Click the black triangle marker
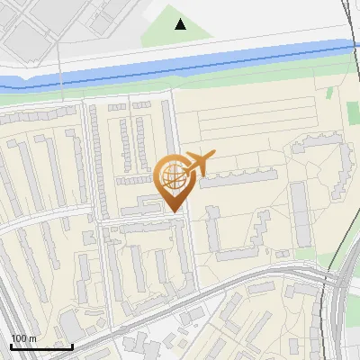click(181, 24)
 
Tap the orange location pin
click(173, 180)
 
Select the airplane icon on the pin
click(199, 162)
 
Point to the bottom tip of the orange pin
click(173, 211)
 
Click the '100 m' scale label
click(23, 338)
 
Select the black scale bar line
click(41, 346)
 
